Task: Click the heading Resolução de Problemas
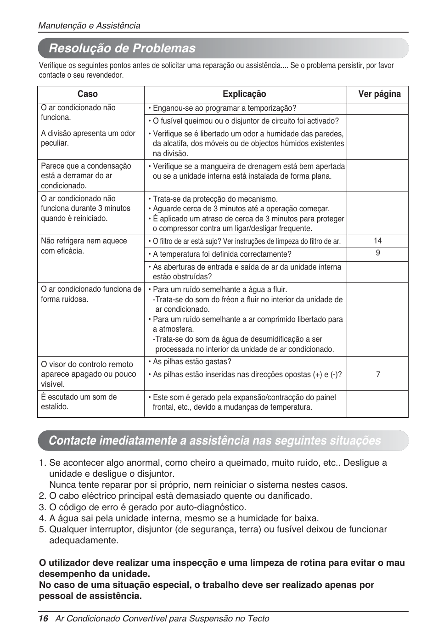(x=122, y=48)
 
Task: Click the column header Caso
(x=87, y=94)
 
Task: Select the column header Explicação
(x=244, y=94)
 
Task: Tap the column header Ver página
(x=379, y=94)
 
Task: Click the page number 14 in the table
(x=377, y=241)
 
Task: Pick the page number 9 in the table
(x=377, y=253)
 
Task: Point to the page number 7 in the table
(x=378, y=374)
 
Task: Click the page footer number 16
(x=43, y=619)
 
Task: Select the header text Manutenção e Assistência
(x=89, y=26)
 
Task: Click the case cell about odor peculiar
(x=88, y=138)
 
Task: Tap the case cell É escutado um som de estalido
(x=79, y=402)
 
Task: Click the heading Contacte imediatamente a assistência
(x=214, y=441)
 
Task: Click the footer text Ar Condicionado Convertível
(x=162, y=619)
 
